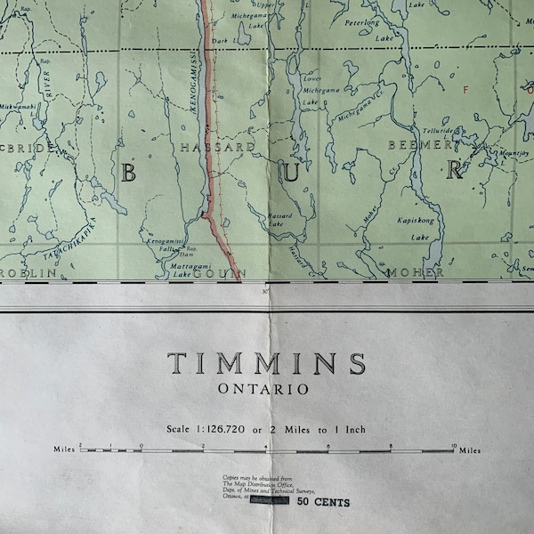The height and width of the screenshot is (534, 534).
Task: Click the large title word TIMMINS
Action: coord(266,364)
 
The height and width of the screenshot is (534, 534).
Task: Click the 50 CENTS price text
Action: coord(324,503)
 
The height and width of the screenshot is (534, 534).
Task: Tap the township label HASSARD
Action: coord(217,146)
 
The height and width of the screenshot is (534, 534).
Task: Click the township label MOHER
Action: coord(415,272)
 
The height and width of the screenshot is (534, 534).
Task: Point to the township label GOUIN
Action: coord(218,273)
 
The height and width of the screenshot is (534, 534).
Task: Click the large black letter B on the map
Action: coord(128,173)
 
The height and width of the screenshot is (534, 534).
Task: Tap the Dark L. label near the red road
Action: coord(222,41)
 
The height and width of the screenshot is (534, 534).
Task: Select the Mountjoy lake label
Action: coord(500,152)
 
